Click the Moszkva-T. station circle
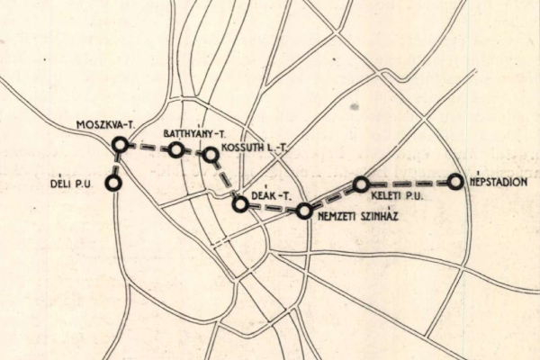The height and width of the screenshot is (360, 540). click(x=120, y=144)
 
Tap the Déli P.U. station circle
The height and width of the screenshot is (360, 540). click(x=113, y=183)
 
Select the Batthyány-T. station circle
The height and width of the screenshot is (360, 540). click(x=176, y=149)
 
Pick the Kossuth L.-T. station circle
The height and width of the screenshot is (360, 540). click(x=211, y=155)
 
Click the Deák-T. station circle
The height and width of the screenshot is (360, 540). click(x=240, y=204)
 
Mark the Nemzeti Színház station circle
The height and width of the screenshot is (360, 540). click(x=304, y=211)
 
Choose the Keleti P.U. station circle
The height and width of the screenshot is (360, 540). click(x=361, y=184)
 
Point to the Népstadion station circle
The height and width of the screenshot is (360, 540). click(x=455, y=181)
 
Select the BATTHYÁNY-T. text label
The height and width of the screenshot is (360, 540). click(x=194, y=133)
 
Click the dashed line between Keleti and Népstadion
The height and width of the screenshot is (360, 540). click(x=409, y=183)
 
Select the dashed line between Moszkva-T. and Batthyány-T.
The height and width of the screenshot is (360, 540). click(x=148, y=147)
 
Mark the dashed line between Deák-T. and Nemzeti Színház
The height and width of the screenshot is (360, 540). click(x=272, y=208)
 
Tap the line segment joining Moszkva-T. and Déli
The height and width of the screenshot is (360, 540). click(x=117, y=164)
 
